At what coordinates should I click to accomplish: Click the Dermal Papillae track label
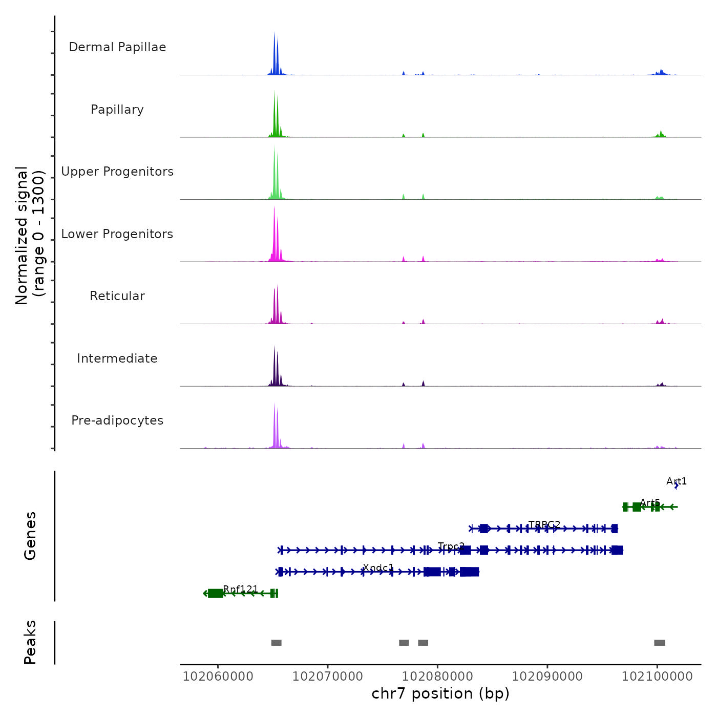click(x=117, y=47)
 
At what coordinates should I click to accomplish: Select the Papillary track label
click(x=117, y=110)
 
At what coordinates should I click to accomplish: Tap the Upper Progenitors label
click(x=117, y=172)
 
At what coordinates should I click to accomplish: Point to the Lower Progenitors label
click(x=117, y=234)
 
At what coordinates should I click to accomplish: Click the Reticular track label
click(x=117, y=296)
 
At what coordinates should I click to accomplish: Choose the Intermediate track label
click(x=117, y=358)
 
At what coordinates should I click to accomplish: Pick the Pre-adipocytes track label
click(x=117, y=420)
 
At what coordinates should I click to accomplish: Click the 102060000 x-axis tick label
click(x=218, y=677)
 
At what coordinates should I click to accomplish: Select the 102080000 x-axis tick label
click(x=437, y=677)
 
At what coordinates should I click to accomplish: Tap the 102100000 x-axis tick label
click(x=657, y=677)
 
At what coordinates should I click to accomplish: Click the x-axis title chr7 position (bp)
click(x=440, y=694)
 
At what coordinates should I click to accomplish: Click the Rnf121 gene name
click(x=241, y=589)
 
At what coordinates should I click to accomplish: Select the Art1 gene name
click(x=677, y=481)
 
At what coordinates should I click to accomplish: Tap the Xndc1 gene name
click(x=378, y=568)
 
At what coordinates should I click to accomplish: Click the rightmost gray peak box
click(x=660, y=643)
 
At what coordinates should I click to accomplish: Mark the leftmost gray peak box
click(x=276, y=643)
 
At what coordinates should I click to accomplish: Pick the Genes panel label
click(x=30, y=536)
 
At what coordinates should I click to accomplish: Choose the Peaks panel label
click(x=30, y=642)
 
